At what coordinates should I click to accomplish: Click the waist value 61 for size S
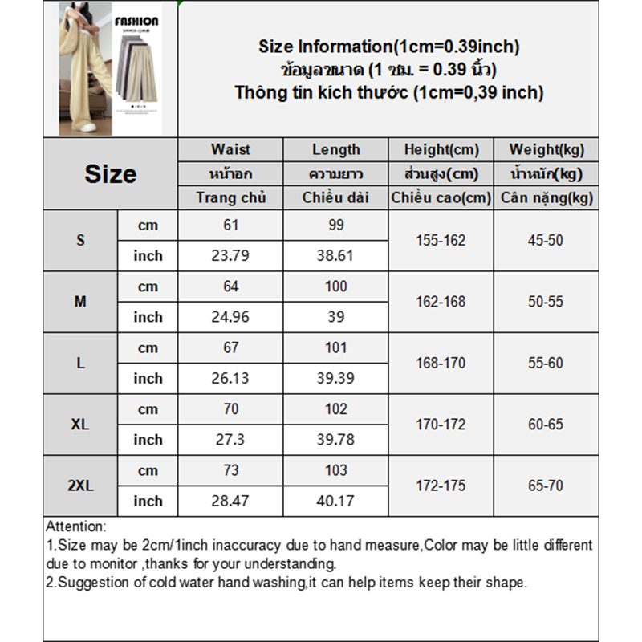(231, 226)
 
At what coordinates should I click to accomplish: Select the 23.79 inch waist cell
(231, 256)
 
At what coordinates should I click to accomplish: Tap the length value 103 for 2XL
(335, 470)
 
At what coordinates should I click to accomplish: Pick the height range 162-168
(441, 302)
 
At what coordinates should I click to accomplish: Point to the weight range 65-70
(546, 486)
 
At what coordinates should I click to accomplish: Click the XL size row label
(80, 425)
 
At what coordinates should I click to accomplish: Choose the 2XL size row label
(80, 486)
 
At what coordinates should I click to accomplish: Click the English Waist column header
(231, 149)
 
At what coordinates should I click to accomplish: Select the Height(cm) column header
(441, 149)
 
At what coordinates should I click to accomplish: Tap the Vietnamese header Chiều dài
(335, 197)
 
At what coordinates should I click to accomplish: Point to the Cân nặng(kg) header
(547, 197)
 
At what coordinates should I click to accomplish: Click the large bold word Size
(111, 173)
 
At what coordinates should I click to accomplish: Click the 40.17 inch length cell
(335, 501)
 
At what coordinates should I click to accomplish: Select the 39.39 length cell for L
(335, 378)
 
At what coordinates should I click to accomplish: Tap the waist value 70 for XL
(231, 409)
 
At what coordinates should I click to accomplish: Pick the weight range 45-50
(546, 240)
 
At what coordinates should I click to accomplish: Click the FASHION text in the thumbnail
(136, 22)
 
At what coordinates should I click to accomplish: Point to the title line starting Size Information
(389, 47)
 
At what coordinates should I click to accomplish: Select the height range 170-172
(441, 425)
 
